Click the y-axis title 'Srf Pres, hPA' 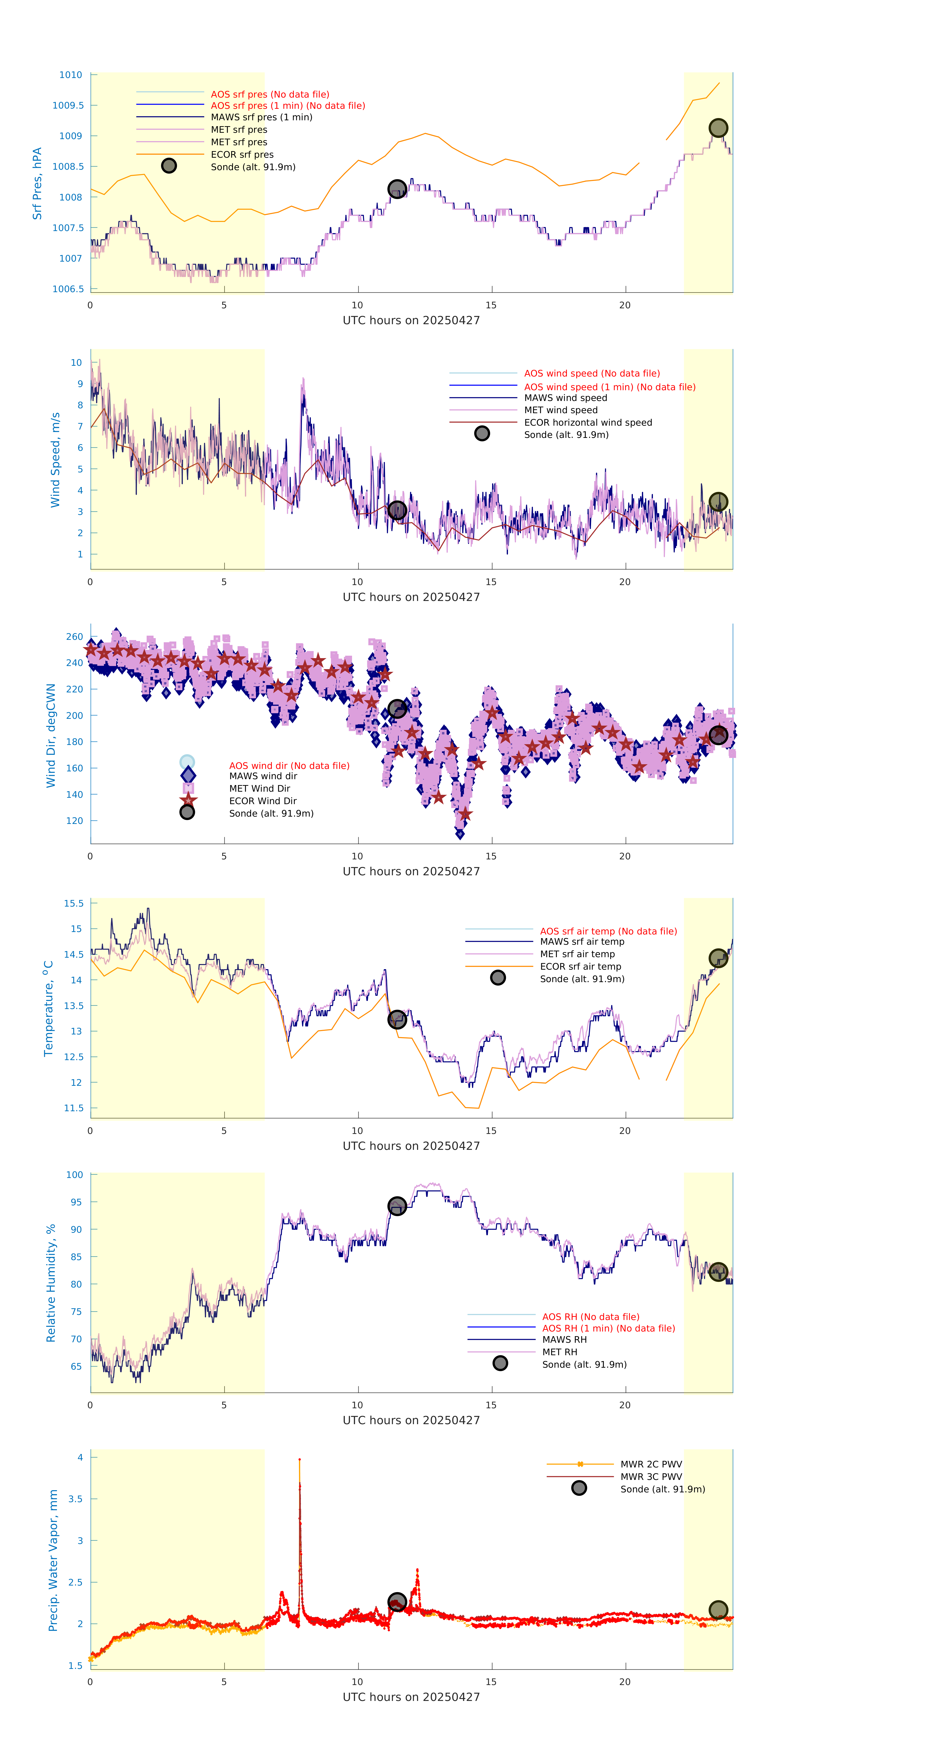tap(37, 183)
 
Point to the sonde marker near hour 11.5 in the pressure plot tap(397, 189)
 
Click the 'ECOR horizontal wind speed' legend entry tap(587, 423)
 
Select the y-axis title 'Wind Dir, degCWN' tap(51, 735)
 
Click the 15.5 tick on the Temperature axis tap(74, 903)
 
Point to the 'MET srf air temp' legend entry tap(577, 954)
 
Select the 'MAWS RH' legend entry tap(564, 1340)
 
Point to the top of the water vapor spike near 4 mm tap(299, 1460)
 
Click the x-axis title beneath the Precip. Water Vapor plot tap(411, 1697)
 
